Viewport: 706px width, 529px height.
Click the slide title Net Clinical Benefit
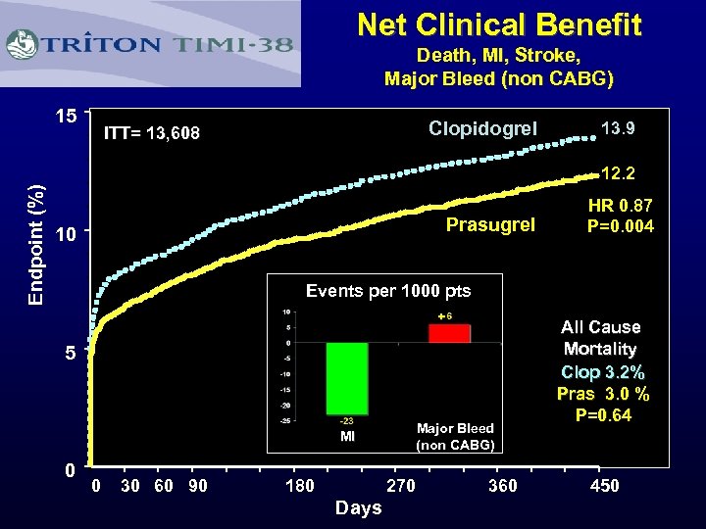click(499, 24)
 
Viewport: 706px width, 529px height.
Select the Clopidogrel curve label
click(482, 128)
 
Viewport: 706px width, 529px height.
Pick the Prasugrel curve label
click(490, 225)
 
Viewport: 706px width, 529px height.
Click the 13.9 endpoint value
click(617, 128)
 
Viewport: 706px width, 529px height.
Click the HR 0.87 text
click(620, 207)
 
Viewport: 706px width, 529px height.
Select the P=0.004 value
click(620, 226)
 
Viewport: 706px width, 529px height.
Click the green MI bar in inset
click(346, 378)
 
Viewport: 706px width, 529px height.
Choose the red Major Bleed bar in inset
click(449, 333)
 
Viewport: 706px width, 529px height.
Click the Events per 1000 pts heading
click(388, 291)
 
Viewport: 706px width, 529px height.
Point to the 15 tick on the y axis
click(66, 117)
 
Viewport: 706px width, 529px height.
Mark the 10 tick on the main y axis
click(66, 235)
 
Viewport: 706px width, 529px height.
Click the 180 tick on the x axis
click(299, 486)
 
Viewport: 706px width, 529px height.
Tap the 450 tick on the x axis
click(604, 486)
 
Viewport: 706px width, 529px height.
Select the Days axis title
click(358, 507)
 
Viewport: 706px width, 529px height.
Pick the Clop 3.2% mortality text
click(602, 372)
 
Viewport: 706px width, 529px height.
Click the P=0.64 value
click(602, 415)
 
